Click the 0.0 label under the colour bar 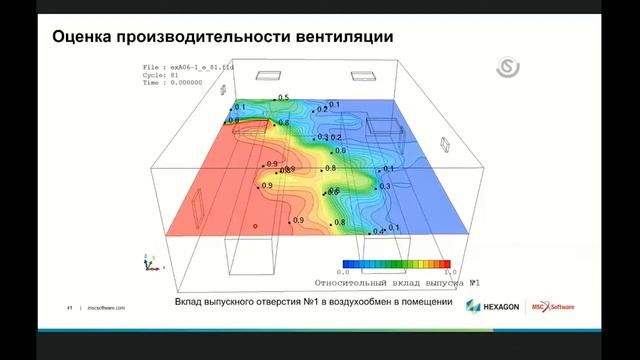342,272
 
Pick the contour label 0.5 283,98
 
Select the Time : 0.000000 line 179,84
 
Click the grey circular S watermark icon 508,69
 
